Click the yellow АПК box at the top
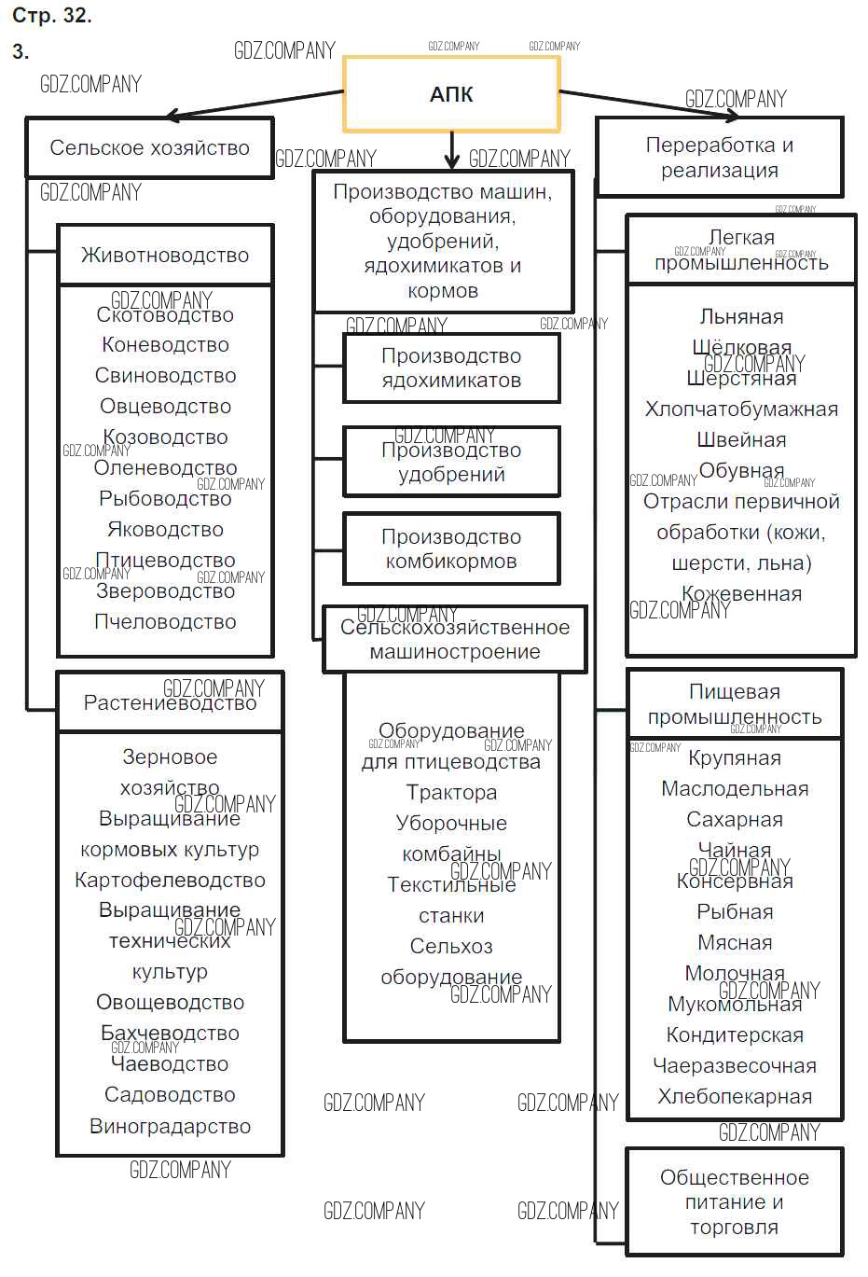click(451, 93)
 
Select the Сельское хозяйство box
click(149, 147)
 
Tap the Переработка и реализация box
click(719, 158)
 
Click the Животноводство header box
click(165, 255)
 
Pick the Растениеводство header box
click(170, 702)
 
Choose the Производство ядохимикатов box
click(451, 368)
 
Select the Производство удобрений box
click(451, 462)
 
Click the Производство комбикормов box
click(451, 548)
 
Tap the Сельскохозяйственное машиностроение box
click(454, 640)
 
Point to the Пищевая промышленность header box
click(735, 704)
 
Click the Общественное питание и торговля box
click(734, 1201)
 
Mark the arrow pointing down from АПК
click(452, 149)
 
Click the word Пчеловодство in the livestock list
click(165, 621)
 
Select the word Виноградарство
click(170, 1126)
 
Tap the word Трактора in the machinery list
click(451, 792)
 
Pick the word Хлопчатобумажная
click(741, 409)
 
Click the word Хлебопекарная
click(735, 1096)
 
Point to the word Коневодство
click(165, 344)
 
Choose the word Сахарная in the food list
click(735, 819)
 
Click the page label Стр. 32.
click(52, 16)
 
